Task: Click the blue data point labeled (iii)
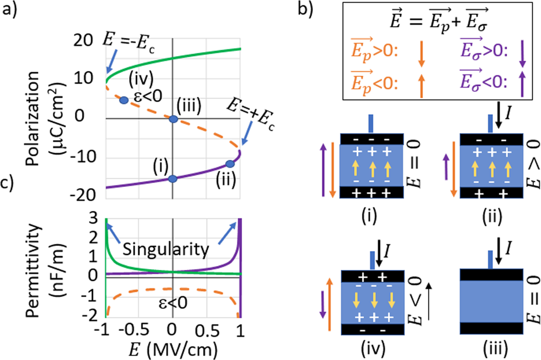[x=173, y=119]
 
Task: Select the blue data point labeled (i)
[x=173, y=178]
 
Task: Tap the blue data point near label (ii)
[x=230, y=165]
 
